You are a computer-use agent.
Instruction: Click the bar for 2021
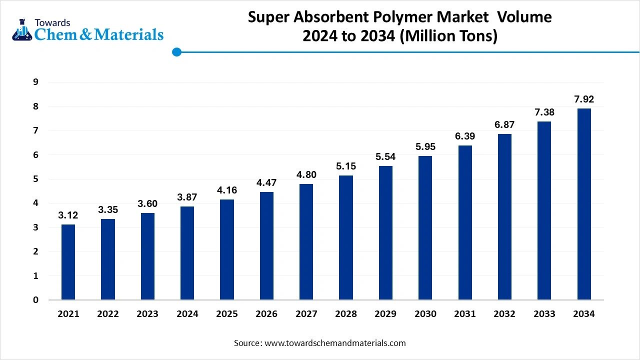click(68, 262)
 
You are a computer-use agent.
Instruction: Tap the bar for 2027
click(306, 242)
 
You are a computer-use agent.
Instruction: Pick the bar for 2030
click(425, 228)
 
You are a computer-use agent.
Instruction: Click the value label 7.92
click(583, 99)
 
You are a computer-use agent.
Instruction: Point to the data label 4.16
click(227, 190)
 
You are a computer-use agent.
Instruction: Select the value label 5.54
click(385, 156)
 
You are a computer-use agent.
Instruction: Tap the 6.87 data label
click(504, 124)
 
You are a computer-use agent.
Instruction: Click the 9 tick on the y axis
click(35, 82)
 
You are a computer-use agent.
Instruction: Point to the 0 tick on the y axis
click(35, 300)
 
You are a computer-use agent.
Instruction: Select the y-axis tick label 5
click(35, 179)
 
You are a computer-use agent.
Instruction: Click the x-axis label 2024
click(187, 314)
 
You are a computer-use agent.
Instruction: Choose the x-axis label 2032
click(504, 314)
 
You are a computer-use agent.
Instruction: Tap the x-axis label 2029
click(385, 314)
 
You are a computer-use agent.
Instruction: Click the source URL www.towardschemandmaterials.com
click(334, 343)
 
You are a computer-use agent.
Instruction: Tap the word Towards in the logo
click(52, 22)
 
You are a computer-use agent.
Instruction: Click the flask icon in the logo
click(22, 30)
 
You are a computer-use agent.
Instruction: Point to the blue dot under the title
click(176, 51)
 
